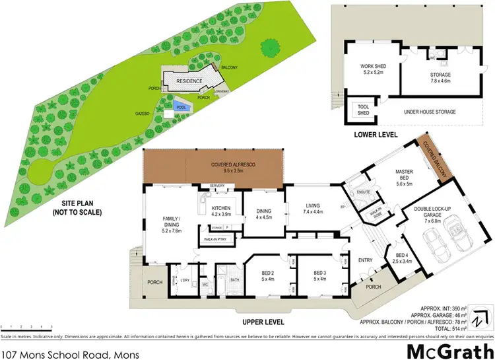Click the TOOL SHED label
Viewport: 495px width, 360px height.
[x=362, y=110]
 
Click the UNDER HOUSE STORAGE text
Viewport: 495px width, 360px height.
[x=430, y=112]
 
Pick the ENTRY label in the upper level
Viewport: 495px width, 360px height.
[x=366, y=261]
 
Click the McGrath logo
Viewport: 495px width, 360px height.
[x=449, y=349]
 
